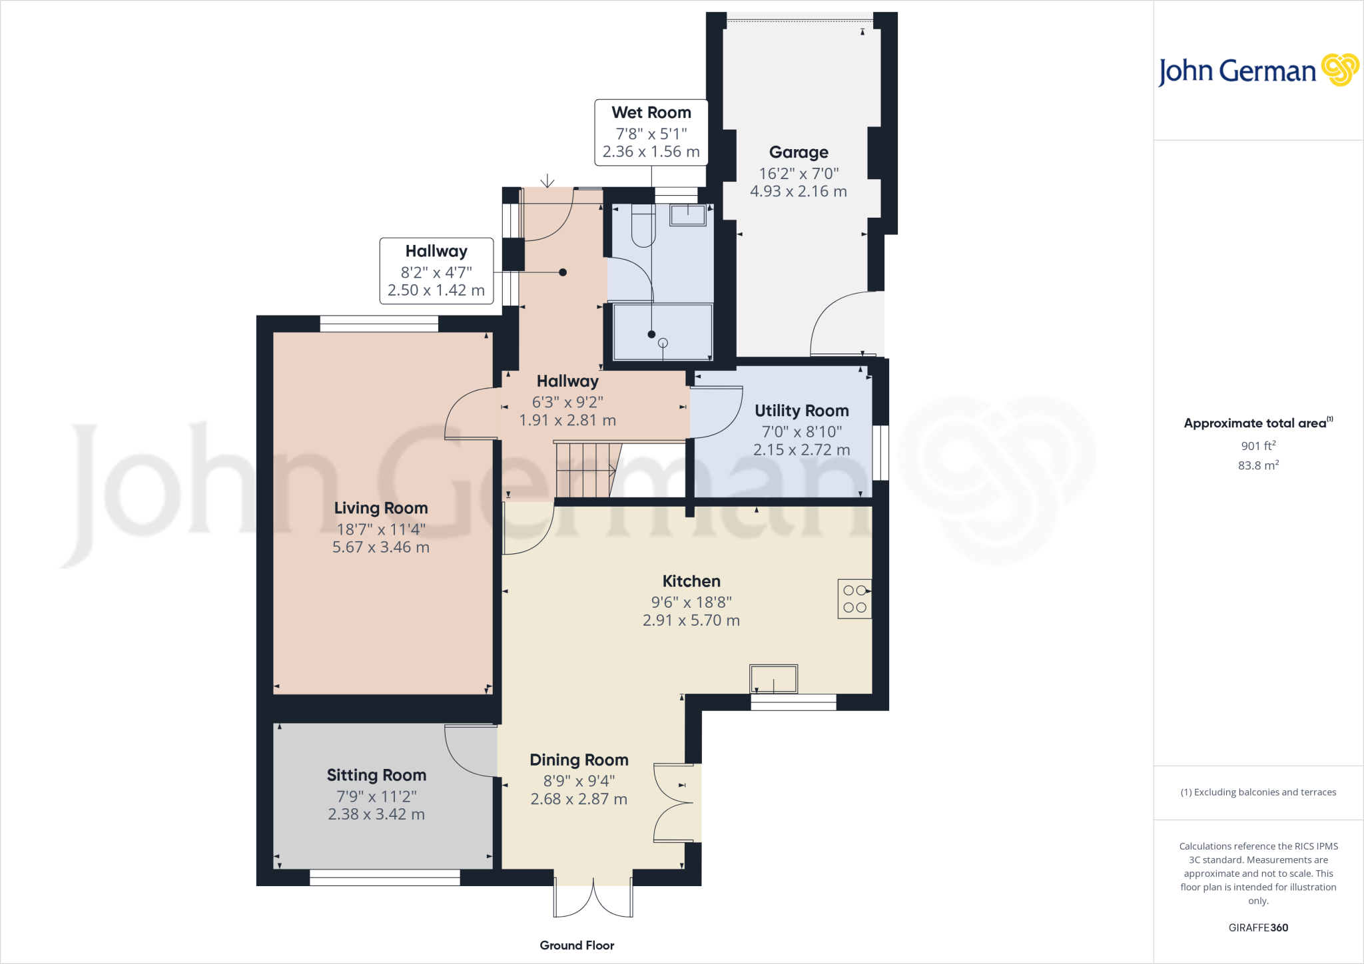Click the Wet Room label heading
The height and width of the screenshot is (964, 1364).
tap(651, 113)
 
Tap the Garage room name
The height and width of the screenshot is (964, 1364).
tap(799, 152)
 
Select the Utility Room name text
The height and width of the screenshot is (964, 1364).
tap(801, 411)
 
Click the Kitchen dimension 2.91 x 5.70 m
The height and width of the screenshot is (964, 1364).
tap(691, 620)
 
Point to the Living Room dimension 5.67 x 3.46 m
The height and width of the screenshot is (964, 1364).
tap(380, 547)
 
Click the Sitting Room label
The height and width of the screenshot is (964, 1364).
tap(376, 775)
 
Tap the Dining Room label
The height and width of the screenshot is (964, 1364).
tap(579, 760)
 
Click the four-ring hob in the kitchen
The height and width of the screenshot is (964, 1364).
tap(854, 599)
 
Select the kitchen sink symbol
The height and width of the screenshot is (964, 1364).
tap(773, 679)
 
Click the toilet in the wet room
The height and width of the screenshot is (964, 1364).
tap(643, 227)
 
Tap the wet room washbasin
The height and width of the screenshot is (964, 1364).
tap(687, 215)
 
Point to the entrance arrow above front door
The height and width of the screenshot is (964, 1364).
tap(547, 180)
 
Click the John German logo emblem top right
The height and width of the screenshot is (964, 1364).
tap(1339, 70)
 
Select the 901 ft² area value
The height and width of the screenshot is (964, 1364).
tap(1257, 446)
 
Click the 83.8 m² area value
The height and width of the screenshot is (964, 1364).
tap(1257, 465)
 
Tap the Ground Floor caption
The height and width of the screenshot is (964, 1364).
tap(577, 945)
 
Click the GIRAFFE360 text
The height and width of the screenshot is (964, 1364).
tap(1257, 927)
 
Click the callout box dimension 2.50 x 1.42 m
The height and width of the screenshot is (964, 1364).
tap(436, 290)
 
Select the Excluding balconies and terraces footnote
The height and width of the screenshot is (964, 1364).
tap(1257, 792)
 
